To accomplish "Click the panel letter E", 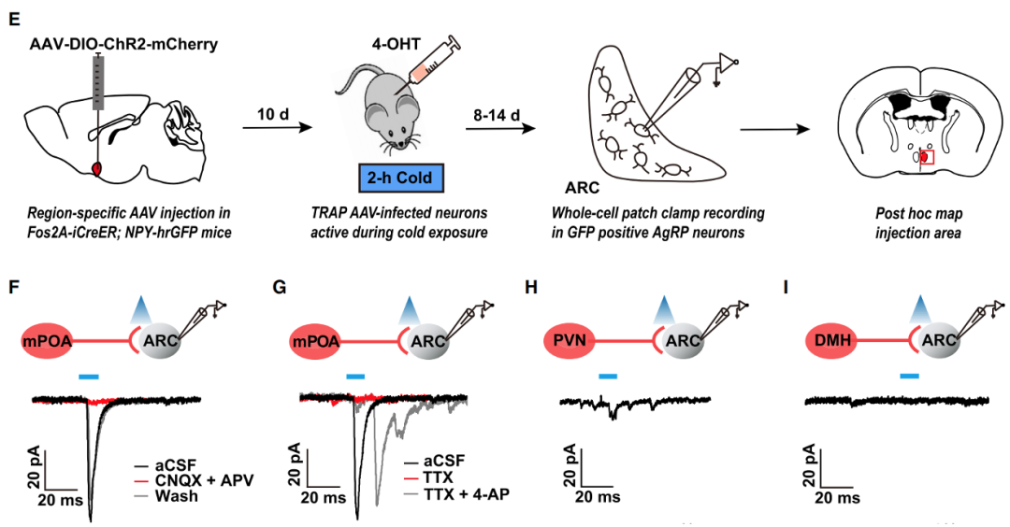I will coord(13,20).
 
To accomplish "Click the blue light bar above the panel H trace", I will coord(608,376).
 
